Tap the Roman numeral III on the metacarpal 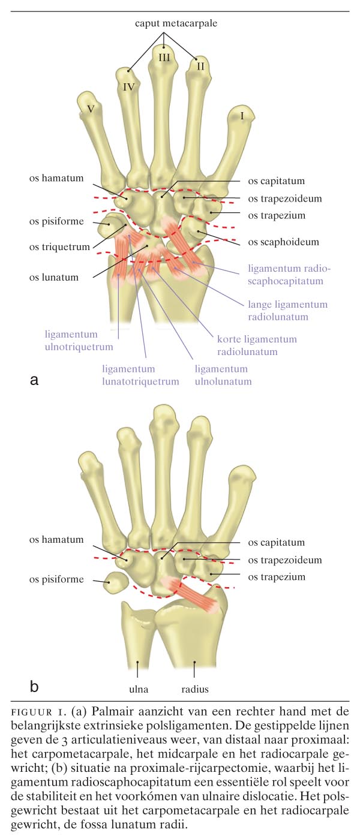(164, 58)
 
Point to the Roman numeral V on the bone (91, 109)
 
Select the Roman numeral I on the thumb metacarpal (242, 116)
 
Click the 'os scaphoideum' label (283, 242)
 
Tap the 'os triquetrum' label (60, 246)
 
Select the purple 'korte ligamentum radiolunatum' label (257, 345)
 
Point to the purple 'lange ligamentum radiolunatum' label (288, 310)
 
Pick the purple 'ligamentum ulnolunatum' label (222, 375)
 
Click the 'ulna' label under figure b (139, 689)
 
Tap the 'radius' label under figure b (196, 689)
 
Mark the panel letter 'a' (35, 380)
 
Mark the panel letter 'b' (35, 685)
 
